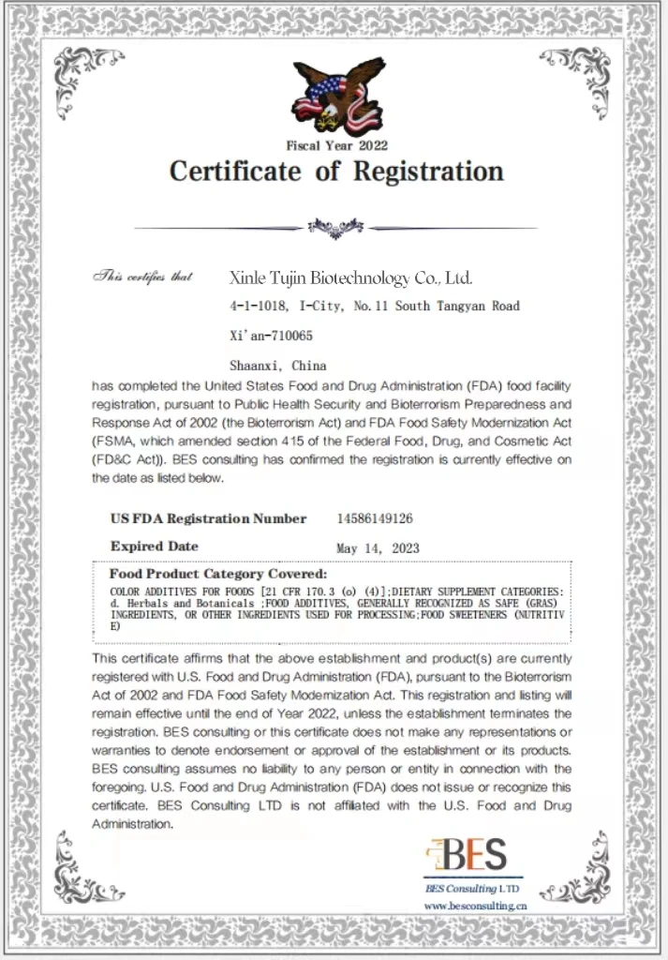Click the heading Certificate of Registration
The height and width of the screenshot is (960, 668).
(336, 172)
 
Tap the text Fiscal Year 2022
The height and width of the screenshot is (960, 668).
(336, 145)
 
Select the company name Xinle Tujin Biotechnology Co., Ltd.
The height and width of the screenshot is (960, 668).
(351, 278)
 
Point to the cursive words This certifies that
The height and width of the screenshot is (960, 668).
(142, 277)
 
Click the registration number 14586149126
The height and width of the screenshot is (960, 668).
(375, 518)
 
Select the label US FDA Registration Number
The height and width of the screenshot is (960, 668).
(208, 518)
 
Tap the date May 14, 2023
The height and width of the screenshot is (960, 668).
(379, 547)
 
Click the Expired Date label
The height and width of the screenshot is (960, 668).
(155, 546)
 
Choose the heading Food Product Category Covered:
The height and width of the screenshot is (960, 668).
(218, 573)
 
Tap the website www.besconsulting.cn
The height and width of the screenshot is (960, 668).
(475, 906)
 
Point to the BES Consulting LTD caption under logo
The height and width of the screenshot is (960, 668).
(471, 888)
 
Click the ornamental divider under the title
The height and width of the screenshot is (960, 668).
(335, 226)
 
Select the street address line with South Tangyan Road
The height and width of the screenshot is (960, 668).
(374, 306)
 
